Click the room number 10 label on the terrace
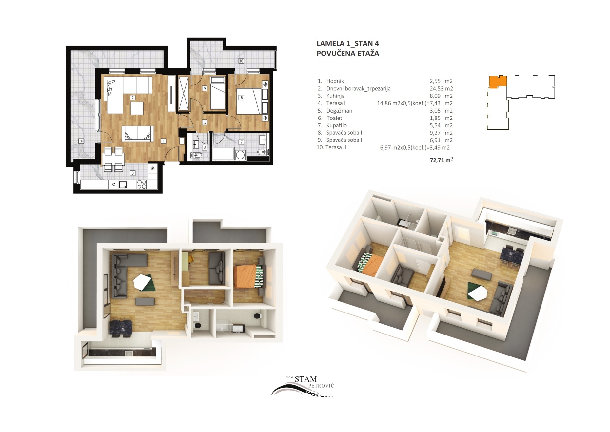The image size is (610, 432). [x=241, y=61]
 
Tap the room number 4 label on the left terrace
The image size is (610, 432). [x=81, y=141]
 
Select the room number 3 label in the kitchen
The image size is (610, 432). [x=133, y=173]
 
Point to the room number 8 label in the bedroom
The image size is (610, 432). [x=242, y=97]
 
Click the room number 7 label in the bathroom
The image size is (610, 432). [x=242, y=142]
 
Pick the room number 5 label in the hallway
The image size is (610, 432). [x=205, y=122]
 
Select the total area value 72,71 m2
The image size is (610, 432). [x=442, y=160]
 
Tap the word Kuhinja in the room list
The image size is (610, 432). [x=335, y=96]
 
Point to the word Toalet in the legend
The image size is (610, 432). [x=334, y=118]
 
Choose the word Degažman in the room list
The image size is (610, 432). [x=339, y=111]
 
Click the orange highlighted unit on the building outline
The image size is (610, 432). [x=498, y=82]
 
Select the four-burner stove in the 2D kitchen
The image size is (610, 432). [x=142, y=184]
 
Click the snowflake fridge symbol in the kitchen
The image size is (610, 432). [x=153, y=168]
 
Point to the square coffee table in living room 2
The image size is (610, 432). [x=137, y=108]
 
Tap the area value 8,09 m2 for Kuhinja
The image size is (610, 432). [x=441, y=96]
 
